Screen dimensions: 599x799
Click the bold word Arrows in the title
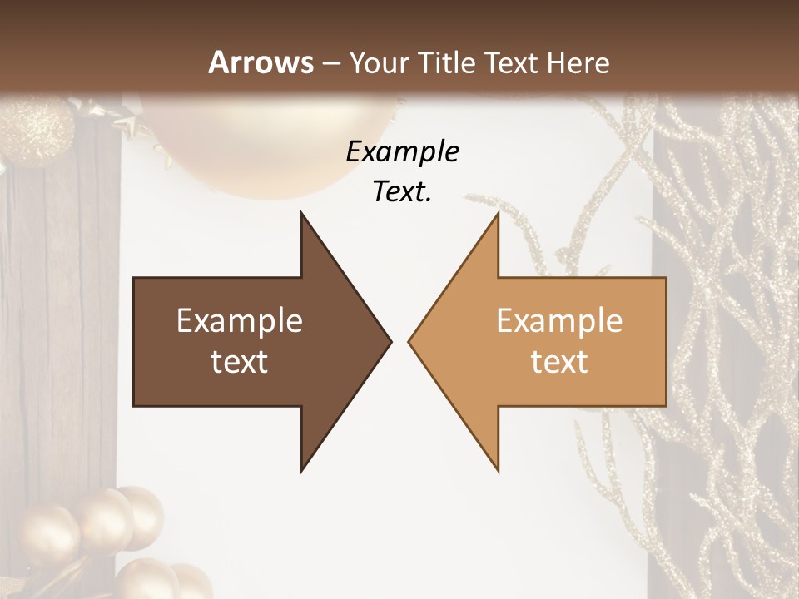point(261,62)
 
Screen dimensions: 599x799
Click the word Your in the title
point(377,63)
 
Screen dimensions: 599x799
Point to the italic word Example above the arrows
point(402,152)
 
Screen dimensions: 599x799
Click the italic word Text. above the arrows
point(402,192)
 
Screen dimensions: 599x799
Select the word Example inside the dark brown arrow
point(240,321)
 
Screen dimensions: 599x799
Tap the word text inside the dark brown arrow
point(240,361)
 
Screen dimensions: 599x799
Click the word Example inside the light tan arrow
point(559,321)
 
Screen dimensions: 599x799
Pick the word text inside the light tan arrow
point(559,361)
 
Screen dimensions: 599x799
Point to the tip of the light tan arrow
point(411,341)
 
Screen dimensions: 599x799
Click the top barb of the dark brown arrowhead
point(304,218)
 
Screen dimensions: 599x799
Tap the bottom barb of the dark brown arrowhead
point(304,466)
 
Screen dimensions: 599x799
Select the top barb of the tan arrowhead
point(496,218)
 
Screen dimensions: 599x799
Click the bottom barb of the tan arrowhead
point(496,466)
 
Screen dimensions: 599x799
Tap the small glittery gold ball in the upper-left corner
point(37,129)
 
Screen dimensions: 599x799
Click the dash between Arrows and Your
point(331,63)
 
